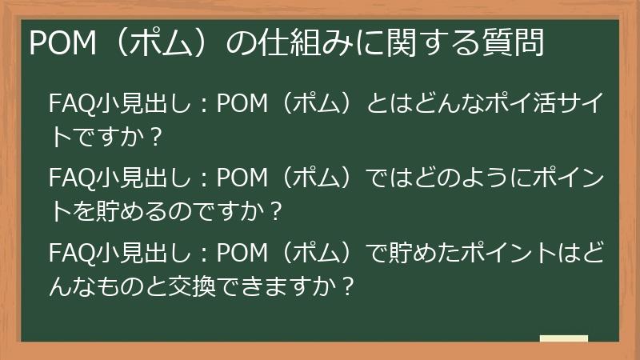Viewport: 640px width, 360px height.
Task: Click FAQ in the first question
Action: click(69, 104)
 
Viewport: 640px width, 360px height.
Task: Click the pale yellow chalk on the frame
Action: click(563, 338)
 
